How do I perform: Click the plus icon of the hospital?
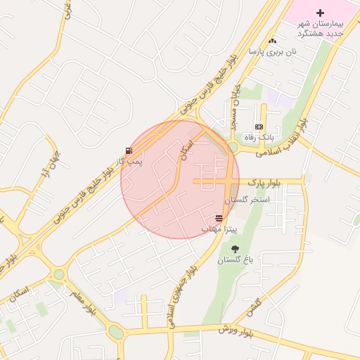coord(321,13)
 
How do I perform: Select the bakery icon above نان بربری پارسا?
coord(273,41)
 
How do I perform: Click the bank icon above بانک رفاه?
coord(259,127)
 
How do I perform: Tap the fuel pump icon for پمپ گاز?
coord(128,150)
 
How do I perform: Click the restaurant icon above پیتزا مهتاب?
coord(219,219)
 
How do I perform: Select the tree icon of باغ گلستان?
coord(234,250)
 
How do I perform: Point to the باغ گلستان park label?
coord(234,260)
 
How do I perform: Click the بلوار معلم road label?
coord(82,300)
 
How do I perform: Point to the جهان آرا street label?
coord(51,165)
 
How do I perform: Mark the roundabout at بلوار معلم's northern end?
coord(58,274)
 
